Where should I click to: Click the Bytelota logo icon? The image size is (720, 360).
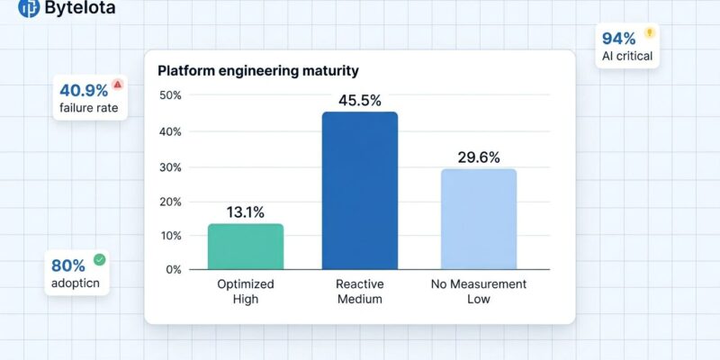point(29,9)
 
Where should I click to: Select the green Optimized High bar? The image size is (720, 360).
point(246,247)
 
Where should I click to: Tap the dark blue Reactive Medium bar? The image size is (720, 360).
point(360,191)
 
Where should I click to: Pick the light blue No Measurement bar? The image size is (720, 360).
point(479,219)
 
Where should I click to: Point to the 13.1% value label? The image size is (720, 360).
point(245,212)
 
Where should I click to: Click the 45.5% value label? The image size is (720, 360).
point(359,100)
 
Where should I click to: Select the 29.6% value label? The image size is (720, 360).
point(478,157)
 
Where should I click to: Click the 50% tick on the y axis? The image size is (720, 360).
point(170,95)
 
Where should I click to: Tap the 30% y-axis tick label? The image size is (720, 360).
point(170,167)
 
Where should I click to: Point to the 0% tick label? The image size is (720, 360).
point(173,269)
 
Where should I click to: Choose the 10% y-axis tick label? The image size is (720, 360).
point(170,236)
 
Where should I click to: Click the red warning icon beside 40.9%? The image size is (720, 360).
point(118,85)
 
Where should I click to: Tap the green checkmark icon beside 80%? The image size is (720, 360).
point(99,260)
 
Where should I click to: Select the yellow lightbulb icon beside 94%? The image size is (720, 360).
point(650,33)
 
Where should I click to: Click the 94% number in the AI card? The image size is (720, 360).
point(618,39)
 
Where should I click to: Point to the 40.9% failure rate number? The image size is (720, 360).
point(84,90)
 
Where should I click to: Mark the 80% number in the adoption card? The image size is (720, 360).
point(68,265)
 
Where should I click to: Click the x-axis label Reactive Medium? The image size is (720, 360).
point(359,292)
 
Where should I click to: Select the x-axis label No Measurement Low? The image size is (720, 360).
point(478,292)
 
